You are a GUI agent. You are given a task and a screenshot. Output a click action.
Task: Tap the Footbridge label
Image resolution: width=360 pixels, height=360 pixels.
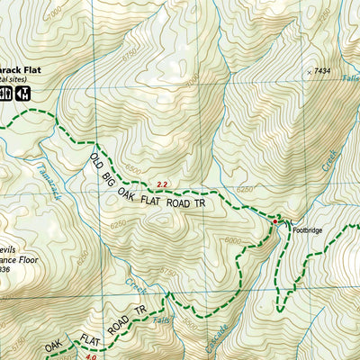(x=307, y=230)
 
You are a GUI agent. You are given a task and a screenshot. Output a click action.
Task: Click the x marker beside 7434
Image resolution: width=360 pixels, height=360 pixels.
(x=310, y=71)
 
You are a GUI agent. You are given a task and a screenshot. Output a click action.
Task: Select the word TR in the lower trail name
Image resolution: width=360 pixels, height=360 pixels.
(x=139, y=311)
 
